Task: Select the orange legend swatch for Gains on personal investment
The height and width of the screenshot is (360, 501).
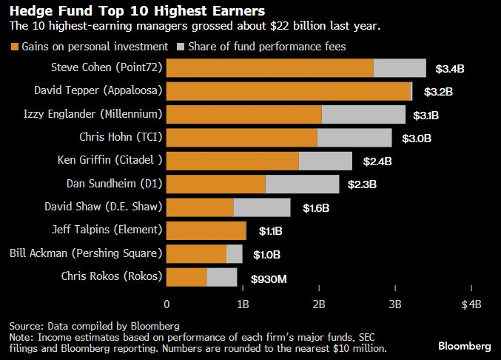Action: click(15, 47)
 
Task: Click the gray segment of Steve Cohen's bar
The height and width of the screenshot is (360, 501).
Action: click(400, 68)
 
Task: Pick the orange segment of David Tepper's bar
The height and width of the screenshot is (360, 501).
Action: click(288, 91)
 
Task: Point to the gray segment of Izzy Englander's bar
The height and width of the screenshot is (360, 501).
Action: click(363, 114)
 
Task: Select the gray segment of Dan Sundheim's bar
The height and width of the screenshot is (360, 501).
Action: click(302, 184)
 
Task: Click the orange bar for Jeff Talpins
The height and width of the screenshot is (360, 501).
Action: click(206, 230)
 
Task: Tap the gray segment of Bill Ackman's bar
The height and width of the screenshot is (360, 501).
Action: click(235, 253)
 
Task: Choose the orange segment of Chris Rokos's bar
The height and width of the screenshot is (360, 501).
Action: click(187, 277)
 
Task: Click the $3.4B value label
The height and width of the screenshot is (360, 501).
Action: click(449, 69)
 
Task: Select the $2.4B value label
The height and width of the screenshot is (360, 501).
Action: click(377, 161)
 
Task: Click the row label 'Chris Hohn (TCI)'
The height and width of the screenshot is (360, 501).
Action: click(121, 137)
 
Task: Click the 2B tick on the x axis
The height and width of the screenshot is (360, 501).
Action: click(319, 304)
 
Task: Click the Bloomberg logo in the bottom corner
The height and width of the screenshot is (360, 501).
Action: click(464, 346)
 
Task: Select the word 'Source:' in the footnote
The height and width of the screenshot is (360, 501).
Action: click(25, 325)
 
